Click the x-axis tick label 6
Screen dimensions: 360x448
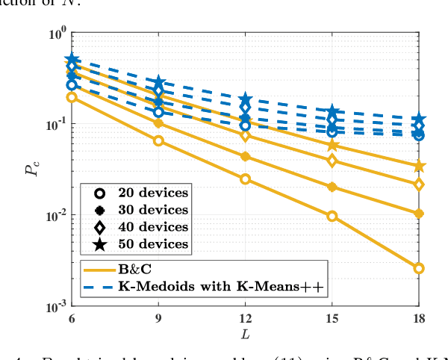coord(72,318)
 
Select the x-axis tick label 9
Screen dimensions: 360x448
coord(158,318)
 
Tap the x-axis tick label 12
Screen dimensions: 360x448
coord(245,318)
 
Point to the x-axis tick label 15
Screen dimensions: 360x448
coord(332,318)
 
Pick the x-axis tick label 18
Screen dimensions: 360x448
coord(419,318)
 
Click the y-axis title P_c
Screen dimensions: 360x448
coord(31,170)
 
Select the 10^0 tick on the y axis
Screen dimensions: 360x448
coord(57,34)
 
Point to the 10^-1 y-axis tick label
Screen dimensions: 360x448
coord(55,125)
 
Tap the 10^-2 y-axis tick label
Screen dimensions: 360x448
coord(55,216)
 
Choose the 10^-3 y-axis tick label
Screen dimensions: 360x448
coord(55,306)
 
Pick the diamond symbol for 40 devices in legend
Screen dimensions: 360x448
coord(90,226)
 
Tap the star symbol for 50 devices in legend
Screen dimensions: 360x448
coord(90,243)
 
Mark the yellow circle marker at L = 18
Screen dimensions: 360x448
coord(419,268)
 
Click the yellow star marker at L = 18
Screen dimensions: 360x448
coord(419,166)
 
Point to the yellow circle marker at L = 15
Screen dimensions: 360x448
coord(332,216)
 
